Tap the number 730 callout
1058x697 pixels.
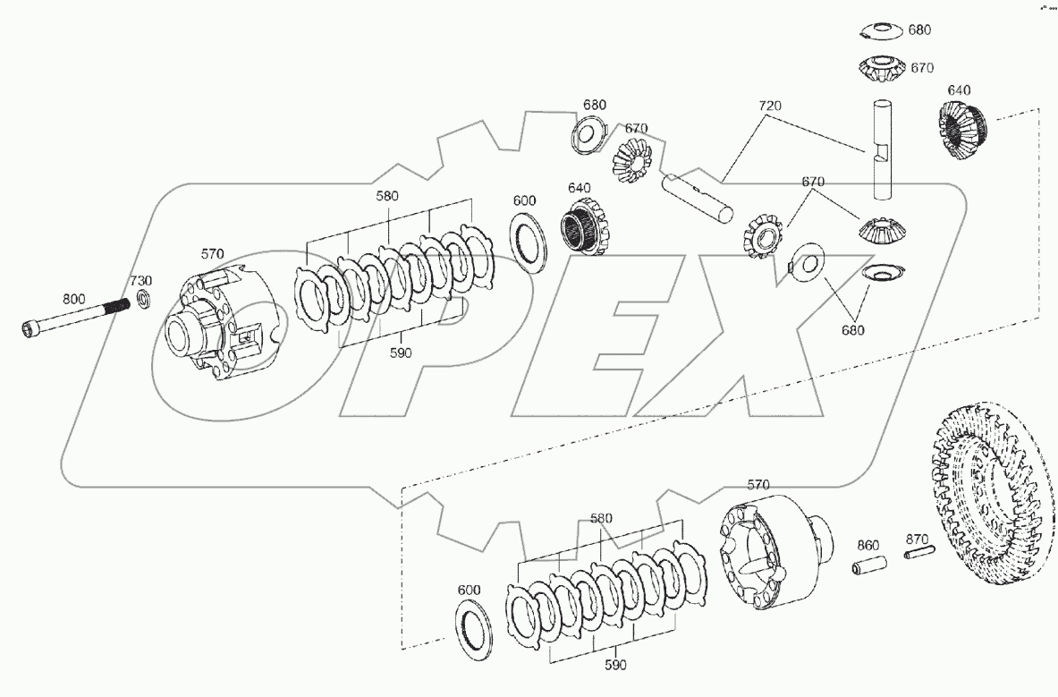[x=142, y=280]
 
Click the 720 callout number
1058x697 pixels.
[x=768, y=106]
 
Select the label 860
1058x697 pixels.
[x=868, y=544]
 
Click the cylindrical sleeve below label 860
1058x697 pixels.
[x=868, y=567]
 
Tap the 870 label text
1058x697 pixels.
[x=917, y=539]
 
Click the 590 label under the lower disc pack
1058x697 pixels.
[x=615, y=665]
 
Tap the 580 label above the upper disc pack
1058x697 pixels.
[x=388, y=195]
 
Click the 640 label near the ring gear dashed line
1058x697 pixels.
[x=960, y=90]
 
